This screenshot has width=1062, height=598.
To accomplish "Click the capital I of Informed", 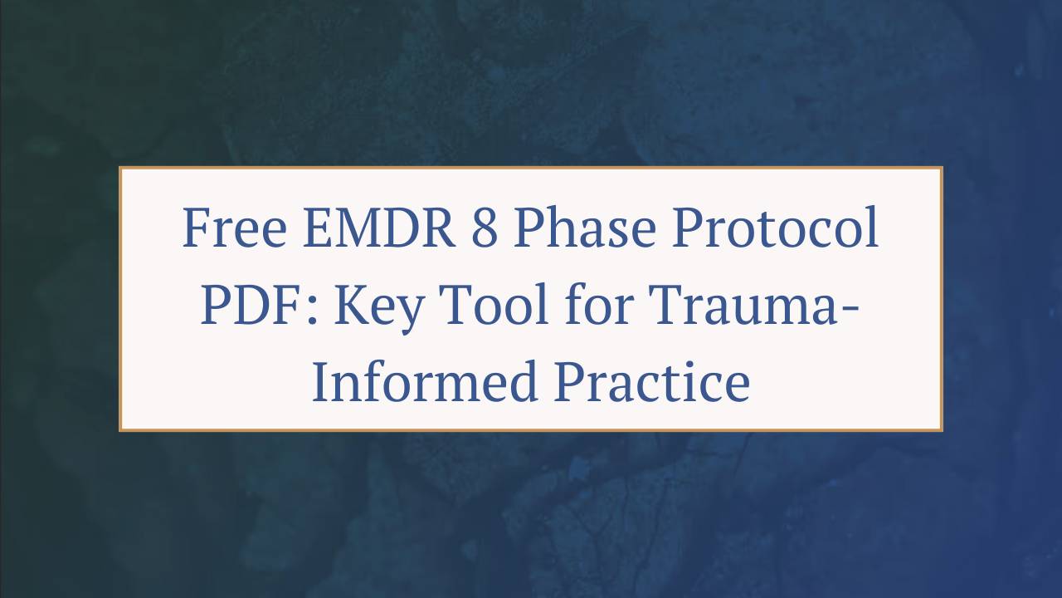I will (320, 383).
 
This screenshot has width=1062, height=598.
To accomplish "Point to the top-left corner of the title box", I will (120, 168).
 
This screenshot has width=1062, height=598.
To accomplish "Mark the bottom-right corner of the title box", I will (942, 430).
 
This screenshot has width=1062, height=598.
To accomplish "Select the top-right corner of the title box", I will (942, 168).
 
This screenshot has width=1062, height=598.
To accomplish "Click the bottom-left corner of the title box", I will (120, 430).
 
